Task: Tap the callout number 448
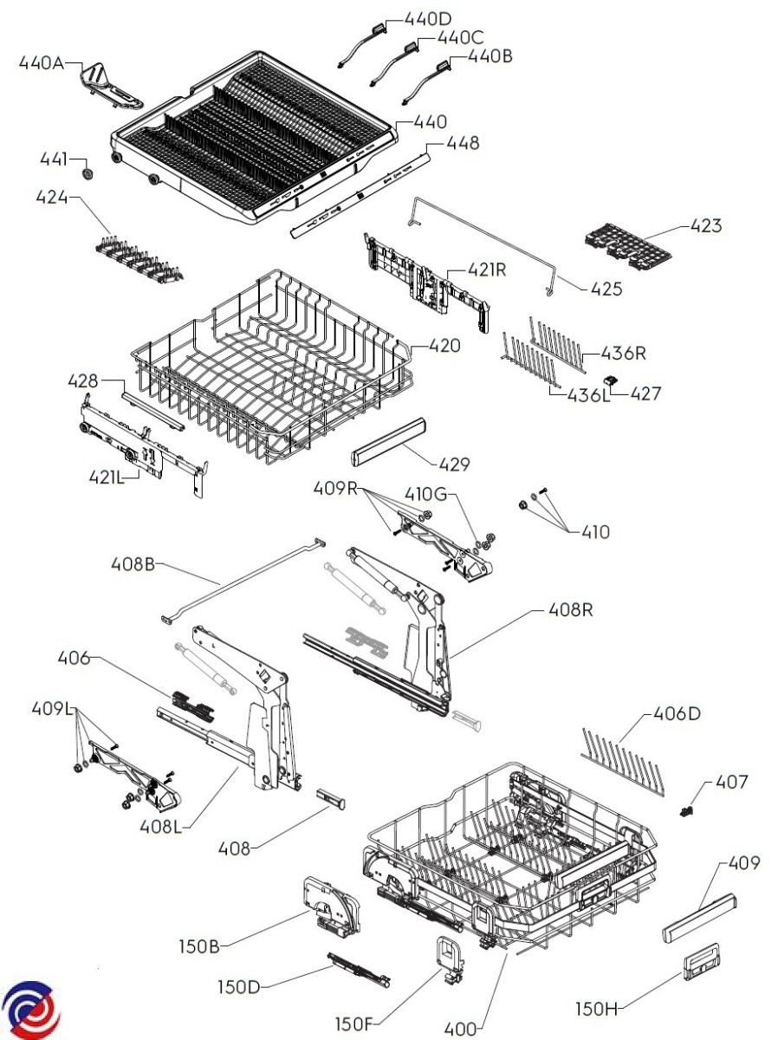coord(463,142)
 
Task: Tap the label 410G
coord(425,494)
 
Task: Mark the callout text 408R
coord(570,609)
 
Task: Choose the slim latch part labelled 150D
coord(359,969)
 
